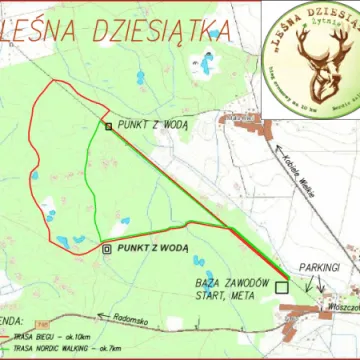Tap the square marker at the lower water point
pos(107,247)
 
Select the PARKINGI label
pos(320,269)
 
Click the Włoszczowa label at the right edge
pos(343,309)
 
